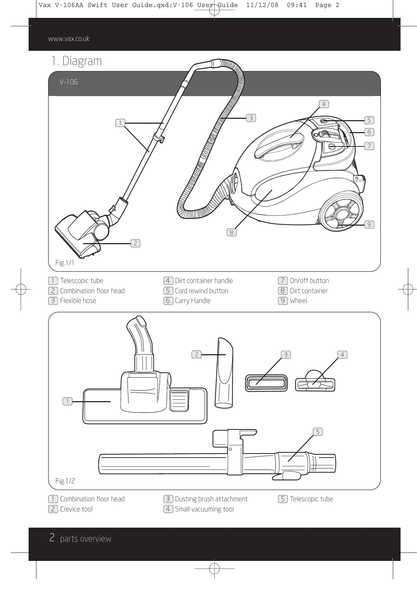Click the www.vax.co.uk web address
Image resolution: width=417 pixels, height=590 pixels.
(69, 39)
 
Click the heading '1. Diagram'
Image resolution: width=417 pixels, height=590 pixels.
(76, 61)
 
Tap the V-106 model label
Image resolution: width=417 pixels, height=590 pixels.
(69, 82)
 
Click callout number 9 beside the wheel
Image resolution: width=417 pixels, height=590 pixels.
(369, 225)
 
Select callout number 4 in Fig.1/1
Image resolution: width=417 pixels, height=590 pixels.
(324, 104)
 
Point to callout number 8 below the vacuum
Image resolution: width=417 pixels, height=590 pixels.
(231, 232)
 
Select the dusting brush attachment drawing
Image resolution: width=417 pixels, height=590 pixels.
(266, 383)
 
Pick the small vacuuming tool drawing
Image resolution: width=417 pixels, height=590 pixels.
(315, 383)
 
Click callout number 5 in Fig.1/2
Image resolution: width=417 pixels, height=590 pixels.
(318, 432)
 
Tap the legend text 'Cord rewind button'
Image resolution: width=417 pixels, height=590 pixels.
(201, 291)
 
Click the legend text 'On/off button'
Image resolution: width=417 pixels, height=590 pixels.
(309, 281)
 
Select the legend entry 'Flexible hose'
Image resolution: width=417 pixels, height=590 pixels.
(78, 301)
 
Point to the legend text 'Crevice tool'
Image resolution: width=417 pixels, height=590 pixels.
(76, 509)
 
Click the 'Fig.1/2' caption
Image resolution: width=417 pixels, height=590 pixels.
(65, 481)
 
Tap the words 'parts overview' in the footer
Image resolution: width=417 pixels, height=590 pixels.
(86, 539)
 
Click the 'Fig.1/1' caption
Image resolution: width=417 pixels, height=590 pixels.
(65, 263)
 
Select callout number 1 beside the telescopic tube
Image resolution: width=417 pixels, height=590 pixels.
(120, 123)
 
